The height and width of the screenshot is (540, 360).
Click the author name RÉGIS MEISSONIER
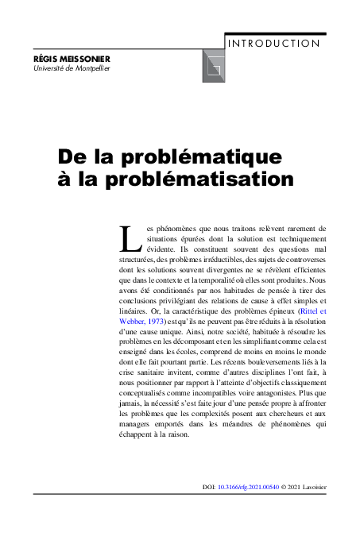pyautogui.click(x=72, y=59)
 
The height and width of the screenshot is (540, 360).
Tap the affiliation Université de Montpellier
pyautogui.click(x=72, y=68)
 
